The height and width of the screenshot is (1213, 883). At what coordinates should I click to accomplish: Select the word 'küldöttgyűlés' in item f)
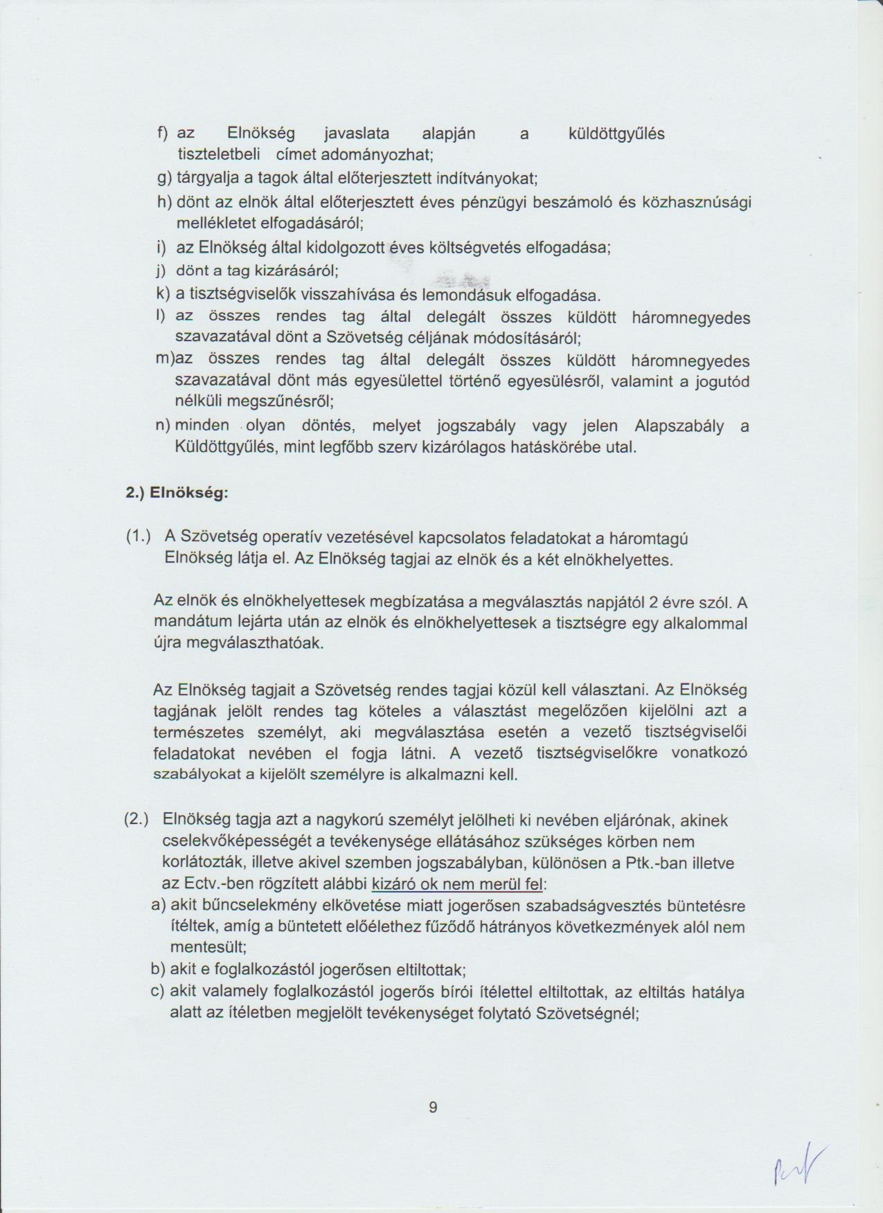pyautogui.click(x=616, y=134)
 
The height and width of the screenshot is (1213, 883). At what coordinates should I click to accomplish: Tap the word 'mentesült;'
pyautogui.click(x=208, y=948)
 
